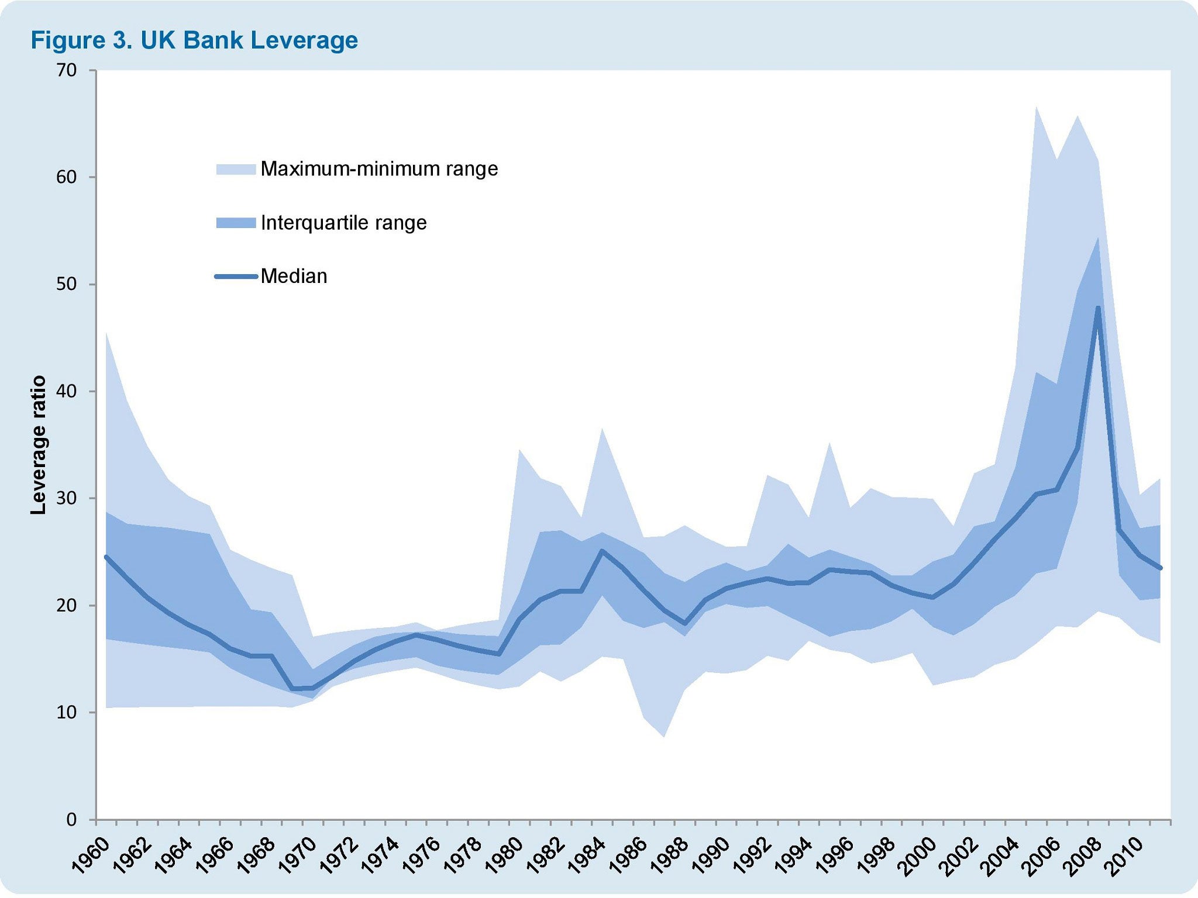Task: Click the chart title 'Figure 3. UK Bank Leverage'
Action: [x=194, y=41]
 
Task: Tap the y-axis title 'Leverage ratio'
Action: [x=39, y=445]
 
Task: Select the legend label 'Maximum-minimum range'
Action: [x=379, y=169]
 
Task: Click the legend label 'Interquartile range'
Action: [x=343, y=223]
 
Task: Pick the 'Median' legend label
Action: [x=294, y=277]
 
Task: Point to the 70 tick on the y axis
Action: [x=67, y=70]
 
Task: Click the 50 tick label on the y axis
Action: [x=67, y=284]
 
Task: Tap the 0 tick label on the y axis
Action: [x=71, y=820]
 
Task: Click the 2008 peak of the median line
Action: [x=1098, y=308]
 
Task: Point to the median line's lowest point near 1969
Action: [x=292, y=689]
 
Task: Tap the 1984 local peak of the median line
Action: [x=602, y=550]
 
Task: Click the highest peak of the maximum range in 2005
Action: [x=1036, y=107]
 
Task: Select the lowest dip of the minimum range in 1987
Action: [x=664, y=737]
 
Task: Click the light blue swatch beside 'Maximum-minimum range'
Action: [x=236, y=170]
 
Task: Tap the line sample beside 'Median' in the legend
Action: [x=236, y=277]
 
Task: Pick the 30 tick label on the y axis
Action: [x=67, y=498]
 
